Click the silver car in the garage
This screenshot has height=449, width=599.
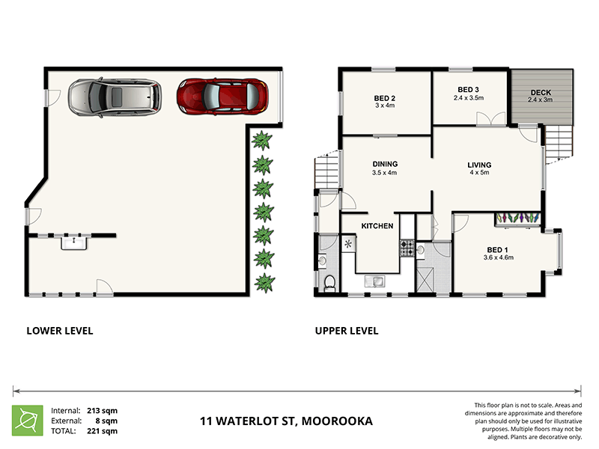point(115,97)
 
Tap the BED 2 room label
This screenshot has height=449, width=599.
point(384,97)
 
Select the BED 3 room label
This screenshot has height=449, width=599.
point(469,89)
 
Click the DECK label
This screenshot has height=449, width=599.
point(540,93)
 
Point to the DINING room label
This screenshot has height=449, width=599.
point(384,164)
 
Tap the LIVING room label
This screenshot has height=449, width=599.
point(478,165)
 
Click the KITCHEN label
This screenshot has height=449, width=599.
point(377,225)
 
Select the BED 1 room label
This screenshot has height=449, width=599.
point(498,250)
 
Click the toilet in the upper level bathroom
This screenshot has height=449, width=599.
point(330,282)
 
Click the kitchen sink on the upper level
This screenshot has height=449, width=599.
point(374,281)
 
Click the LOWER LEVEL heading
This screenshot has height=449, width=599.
point(60,330)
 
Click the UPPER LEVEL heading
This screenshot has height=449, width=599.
point(347,330)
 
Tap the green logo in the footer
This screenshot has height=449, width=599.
point(27,421)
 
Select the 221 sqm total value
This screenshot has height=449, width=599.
point(104,431)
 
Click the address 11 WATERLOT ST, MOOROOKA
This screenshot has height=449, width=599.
point(286,421)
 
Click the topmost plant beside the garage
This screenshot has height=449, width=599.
point(262,139)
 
